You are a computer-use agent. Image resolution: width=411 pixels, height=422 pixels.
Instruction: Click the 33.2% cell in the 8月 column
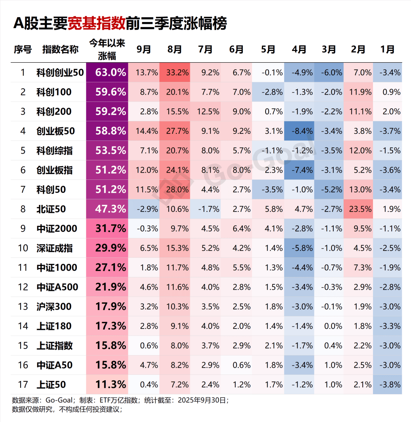coord(175,73)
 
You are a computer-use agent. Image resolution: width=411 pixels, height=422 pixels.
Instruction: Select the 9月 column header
coord(143,49)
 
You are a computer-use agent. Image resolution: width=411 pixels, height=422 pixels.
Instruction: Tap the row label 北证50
coord(51,209)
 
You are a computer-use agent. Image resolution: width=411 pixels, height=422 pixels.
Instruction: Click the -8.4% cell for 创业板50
coord(299,131)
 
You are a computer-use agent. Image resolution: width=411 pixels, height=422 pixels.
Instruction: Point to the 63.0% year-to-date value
coord(107,73)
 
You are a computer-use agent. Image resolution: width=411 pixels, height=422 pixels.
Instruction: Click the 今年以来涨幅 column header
coord(107,49)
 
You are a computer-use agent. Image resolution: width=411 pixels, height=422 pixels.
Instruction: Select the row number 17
coord(23,384)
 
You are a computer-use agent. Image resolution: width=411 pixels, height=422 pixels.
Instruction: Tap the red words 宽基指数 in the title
coord(97,24)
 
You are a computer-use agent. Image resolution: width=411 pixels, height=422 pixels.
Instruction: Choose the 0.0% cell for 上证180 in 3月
coord(329,326)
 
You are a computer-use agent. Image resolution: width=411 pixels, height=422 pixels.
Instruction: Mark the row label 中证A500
coord(57,287)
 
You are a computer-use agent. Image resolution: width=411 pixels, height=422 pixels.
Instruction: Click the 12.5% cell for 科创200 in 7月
coord(205,112)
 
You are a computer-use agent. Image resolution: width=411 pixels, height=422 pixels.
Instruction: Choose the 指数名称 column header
coord(60,49)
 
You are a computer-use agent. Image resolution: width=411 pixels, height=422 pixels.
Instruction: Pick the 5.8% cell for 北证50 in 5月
coord(268,209)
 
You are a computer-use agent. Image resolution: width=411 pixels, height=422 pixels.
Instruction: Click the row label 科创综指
coord(54,151)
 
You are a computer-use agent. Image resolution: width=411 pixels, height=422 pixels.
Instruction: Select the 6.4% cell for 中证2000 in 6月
coord(237,228)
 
